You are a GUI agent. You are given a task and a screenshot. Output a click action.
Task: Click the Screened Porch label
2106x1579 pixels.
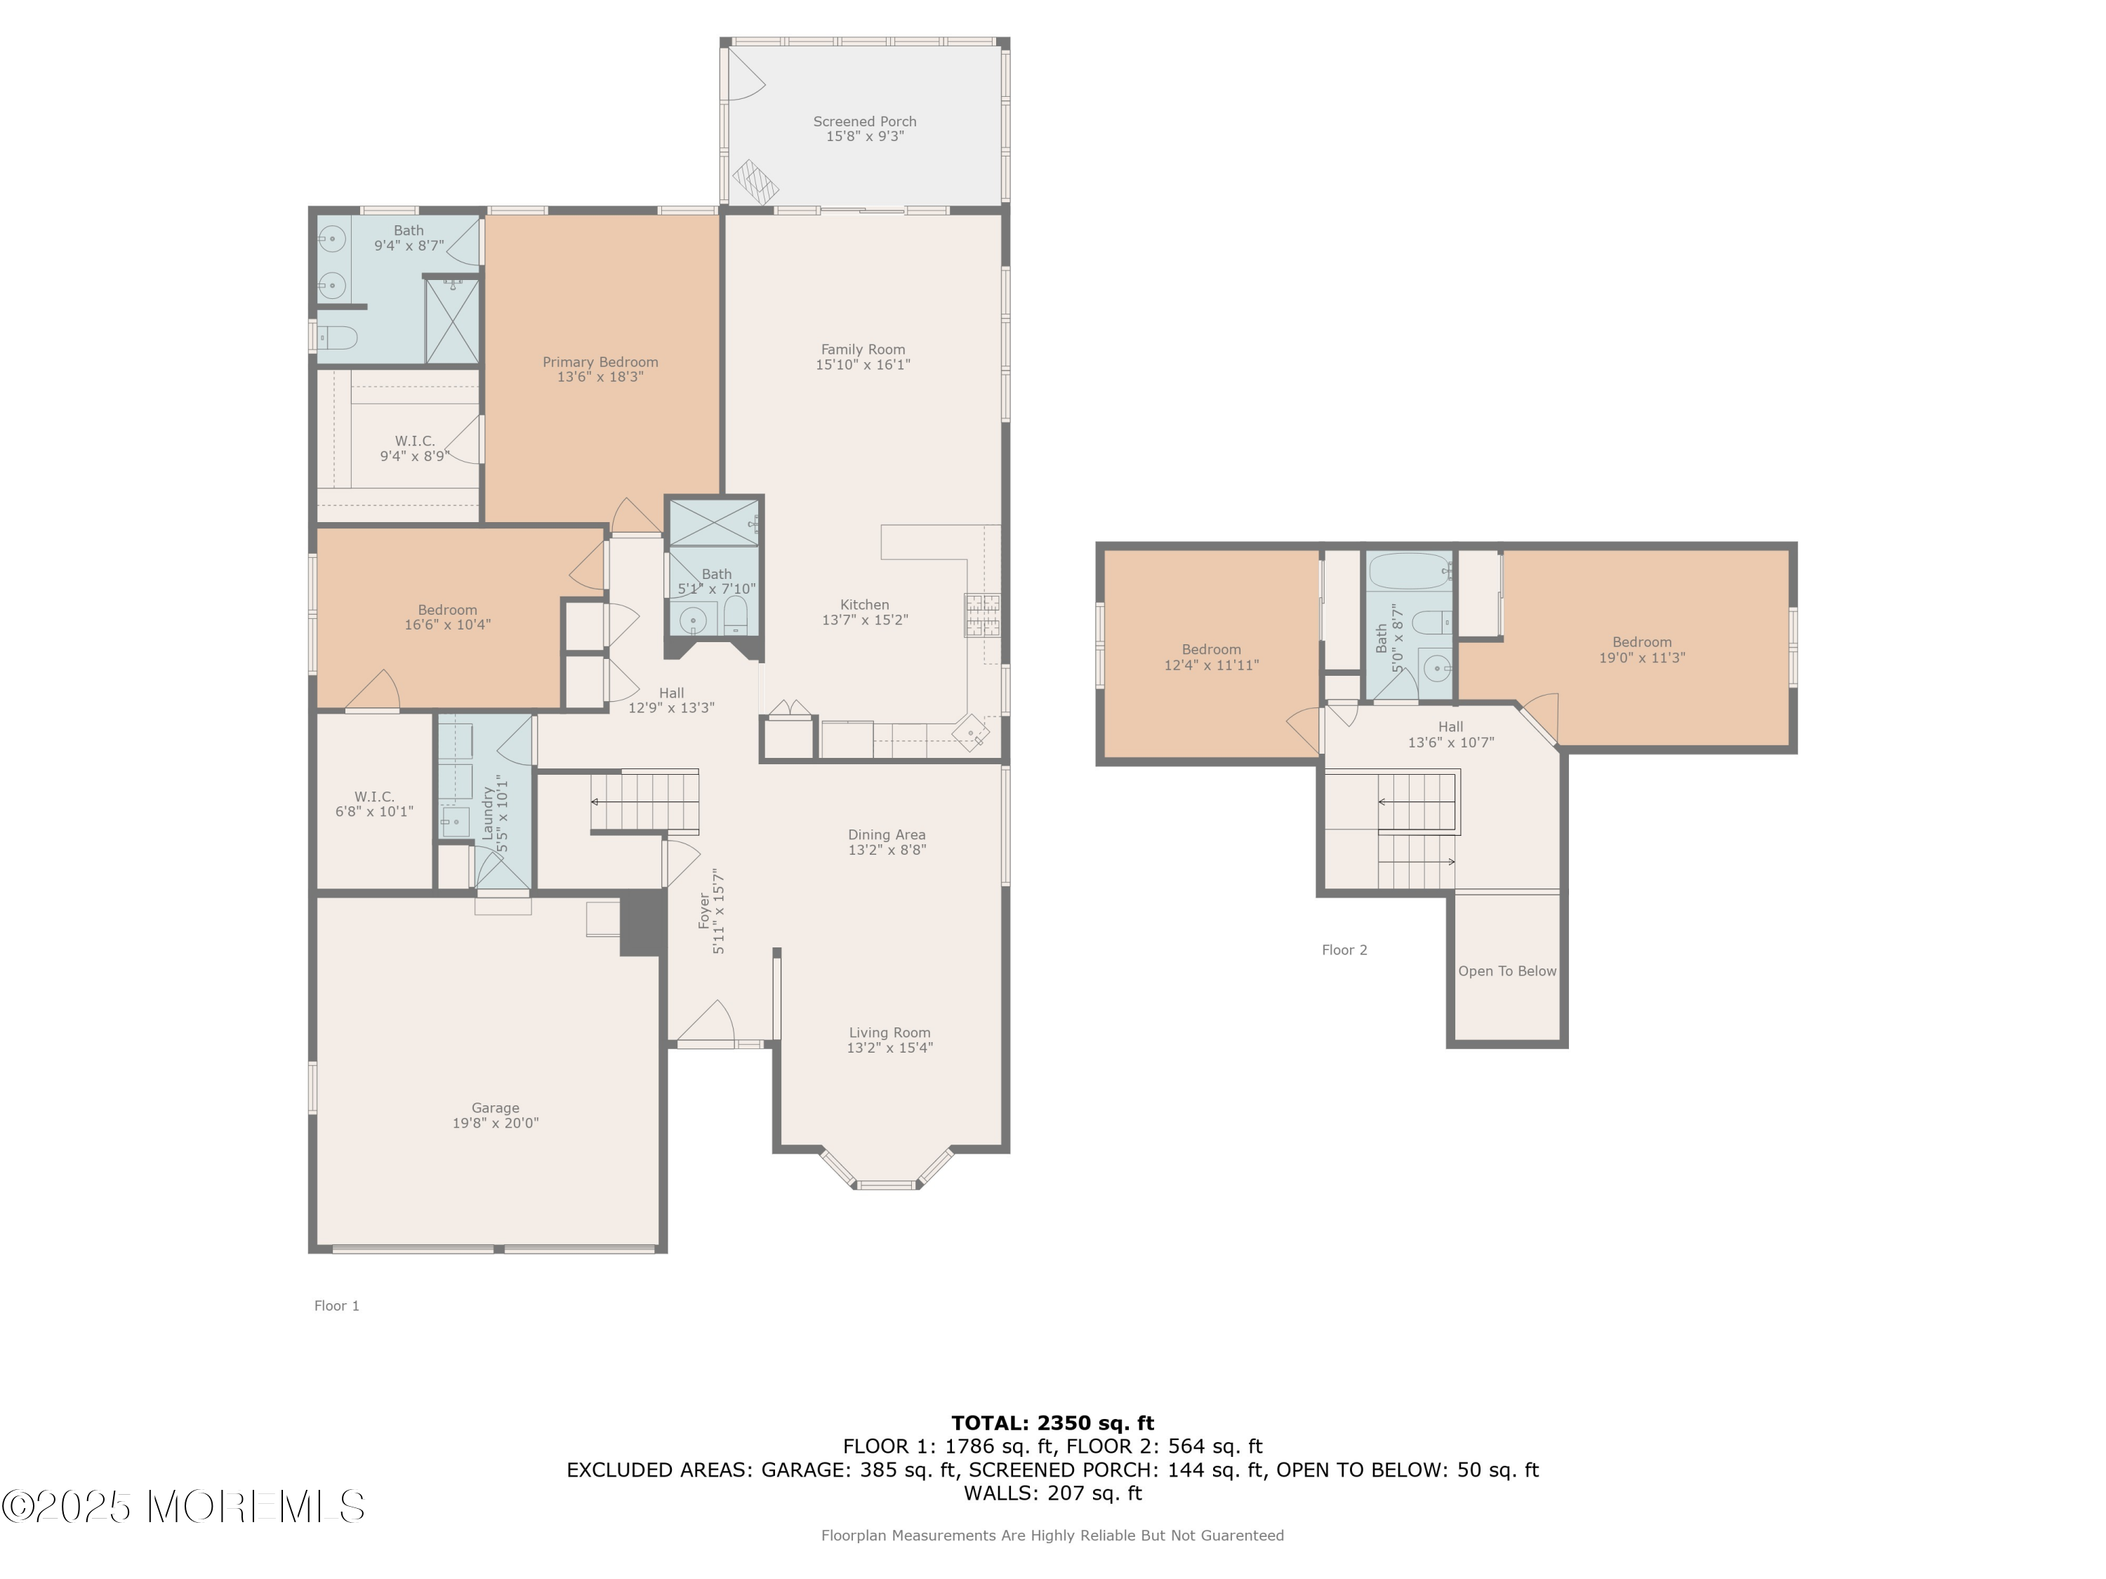click(x=864, y=122)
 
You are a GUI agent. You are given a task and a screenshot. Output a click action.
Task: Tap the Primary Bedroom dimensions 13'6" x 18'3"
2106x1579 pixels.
click(x=600, y=377)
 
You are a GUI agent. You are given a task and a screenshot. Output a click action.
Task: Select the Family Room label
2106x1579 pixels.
click(x=863, y=349)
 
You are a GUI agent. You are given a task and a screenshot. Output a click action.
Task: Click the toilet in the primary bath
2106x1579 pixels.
click(x=337, y=337)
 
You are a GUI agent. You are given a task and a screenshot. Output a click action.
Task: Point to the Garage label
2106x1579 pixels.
click(x=495, y=1108)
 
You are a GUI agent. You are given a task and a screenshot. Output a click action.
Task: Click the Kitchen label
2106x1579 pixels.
click(x=864, y=604)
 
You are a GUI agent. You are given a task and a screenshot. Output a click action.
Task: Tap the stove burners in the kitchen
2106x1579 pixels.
click(x=981, y=614)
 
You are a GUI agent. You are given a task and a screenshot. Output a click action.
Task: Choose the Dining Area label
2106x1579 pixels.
click(x=887, y=834)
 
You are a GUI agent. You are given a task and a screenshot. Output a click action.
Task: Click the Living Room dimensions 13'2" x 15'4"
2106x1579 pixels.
click(x=889, y=1048)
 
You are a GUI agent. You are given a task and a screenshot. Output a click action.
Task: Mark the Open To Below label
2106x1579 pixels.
click(x=1507, y=971)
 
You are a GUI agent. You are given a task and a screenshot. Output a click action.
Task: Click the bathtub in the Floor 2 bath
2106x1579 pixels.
click(x=1409, y=571)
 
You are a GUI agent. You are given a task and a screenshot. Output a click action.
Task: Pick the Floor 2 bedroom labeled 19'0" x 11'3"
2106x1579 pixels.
click(x=1641, y=650)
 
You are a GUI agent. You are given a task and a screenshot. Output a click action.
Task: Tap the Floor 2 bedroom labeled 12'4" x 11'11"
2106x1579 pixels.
click(x=1211, y=658)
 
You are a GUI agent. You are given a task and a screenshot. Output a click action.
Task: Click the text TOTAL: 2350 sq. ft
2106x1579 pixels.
click(x=1052, y=1423)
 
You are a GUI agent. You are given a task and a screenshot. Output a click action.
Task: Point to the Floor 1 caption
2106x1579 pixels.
click(x=337, y=1306)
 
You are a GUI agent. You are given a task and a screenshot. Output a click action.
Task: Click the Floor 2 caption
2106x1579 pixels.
click(x=1344, y=950)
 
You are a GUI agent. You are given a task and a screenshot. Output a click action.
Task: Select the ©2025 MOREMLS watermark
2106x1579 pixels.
click(x=183, y=1507)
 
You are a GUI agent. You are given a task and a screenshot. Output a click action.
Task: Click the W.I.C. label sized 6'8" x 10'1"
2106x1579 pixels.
click(x=374, y=804)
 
